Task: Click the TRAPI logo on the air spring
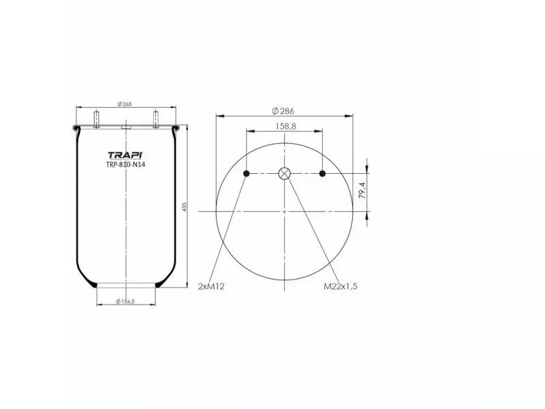(x=125, y=155)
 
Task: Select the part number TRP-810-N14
(x=125, y=164)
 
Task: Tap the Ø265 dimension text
(x=124, y=104)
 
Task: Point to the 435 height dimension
(x=184, y=206)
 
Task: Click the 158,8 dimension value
(x=285, y=126)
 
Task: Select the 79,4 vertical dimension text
(x=362, y=190)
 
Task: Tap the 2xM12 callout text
(x=211, y=286)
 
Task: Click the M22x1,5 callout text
(x=340, y=286)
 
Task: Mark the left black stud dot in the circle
(x=247, y=174)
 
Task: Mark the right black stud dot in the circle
(x=323, y=174)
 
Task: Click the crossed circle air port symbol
(x=285, y=174)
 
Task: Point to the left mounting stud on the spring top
(x=95, y=119)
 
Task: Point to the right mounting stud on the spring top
(x=155, y=119)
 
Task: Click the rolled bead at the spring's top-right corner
(x=177, y=128)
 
